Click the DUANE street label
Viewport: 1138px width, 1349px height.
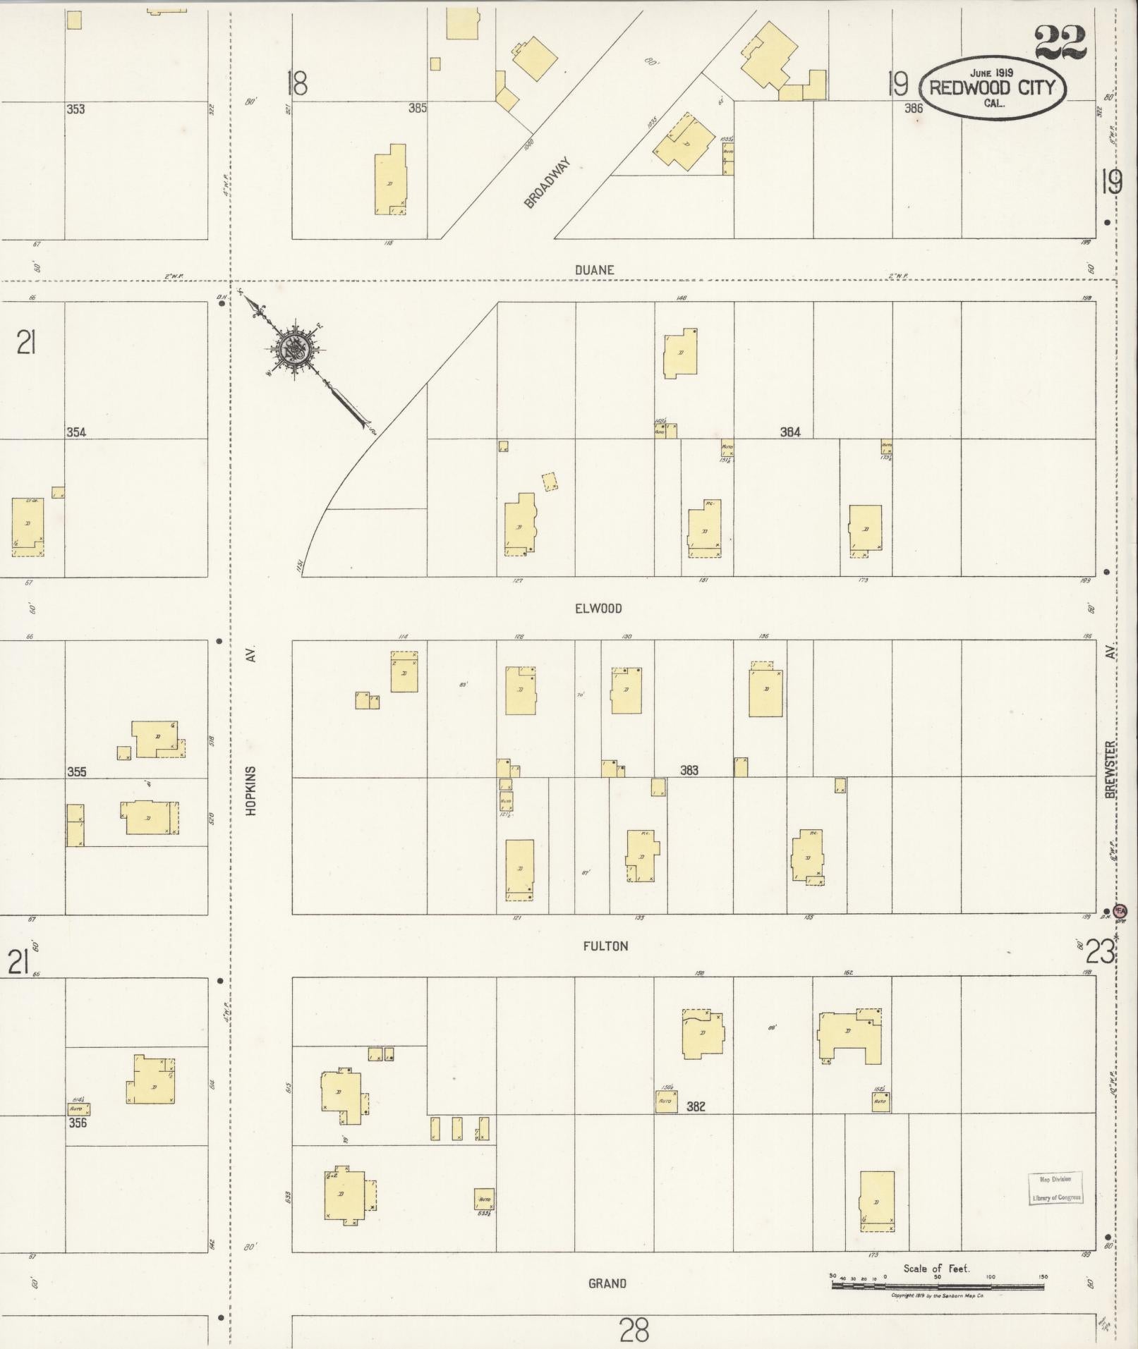pyautogui.click(x=594, y=270)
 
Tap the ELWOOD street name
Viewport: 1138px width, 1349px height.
pyautogui.click(x=598, y=609)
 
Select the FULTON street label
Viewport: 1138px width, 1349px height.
pyautogui.click(x=605, y=946)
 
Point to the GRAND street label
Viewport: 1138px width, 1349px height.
pyautogui.click(x=607, y=1283)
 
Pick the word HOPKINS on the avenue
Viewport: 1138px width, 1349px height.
pyautogui.click(x=251, y=791)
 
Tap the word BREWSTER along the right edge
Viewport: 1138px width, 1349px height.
pyautogui.click(x=1111, y=769)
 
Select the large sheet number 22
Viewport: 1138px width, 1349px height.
pyautogui.click(x=1061, y=44)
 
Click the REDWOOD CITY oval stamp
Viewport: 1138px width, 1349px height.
pyautogui.click(x=993, y=88)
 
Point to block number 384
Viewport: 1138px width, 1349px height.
pyautogui.click(x=789, y=432)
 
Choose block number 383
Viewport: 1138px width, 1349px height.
pyautogui.click(x=689, y=770)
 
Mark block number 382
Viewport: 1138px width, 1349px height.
pyautogui.click(x=696, y=1106)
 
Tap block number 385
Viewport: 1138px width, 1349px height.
pyautogui.click(x=418, y=109)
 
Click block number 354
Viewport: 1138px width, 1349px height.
pyautogui.click(x=76, y=432)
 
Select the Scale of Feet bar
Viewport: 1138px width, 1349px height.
pyautogui.click(x=938, y=1286)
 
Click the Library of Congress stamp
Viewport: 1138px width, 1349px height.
pyautogui.click(x=1055, y=1188)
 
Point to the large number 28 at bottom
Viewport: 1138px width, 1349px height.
pyautogui.click(x=634, y=1330)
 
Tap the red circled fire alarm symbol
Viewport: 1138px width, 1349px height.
pyautogui.click(x=1120, y=910)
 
